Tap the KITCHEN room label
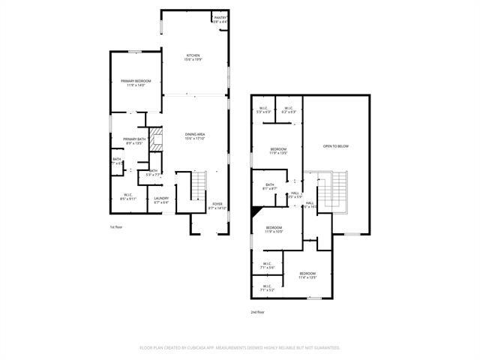pos(193,55)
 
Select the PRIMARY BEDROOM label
pos(136,81)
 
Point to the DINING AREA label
pos(195,134)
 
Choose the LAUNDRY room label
pos(161,199)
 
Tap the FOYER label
pos(217,204)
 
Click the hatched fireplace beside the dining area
pos(156,139)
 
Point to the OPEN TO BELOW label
pos(336,145)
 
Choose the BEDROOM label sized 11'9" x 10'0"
pos(274,228)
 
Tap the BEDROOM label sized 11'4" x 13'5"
pos(307,274)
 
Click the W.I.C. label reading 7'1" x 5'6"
pos(268,263)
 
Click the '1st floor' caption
pos(117,226)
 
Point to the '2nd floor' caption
pos(258,312)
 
